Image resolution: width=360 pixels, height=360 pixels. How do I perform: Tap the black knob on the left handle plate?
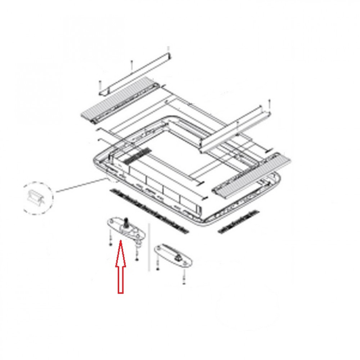[x=126, y=222]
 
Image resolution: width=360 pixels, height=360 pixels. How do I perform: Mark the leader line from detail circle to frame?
[x=79, y=185]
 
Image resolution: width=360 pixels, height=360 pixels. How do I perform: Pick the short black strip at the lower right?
[x=238, y=222]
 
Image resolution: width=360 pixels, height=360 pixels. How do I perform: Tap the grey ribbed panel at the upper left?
[x=119, y=100]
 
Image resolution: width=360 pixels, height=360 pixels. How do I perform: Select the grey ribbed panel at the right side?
[x=252, y=175]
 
